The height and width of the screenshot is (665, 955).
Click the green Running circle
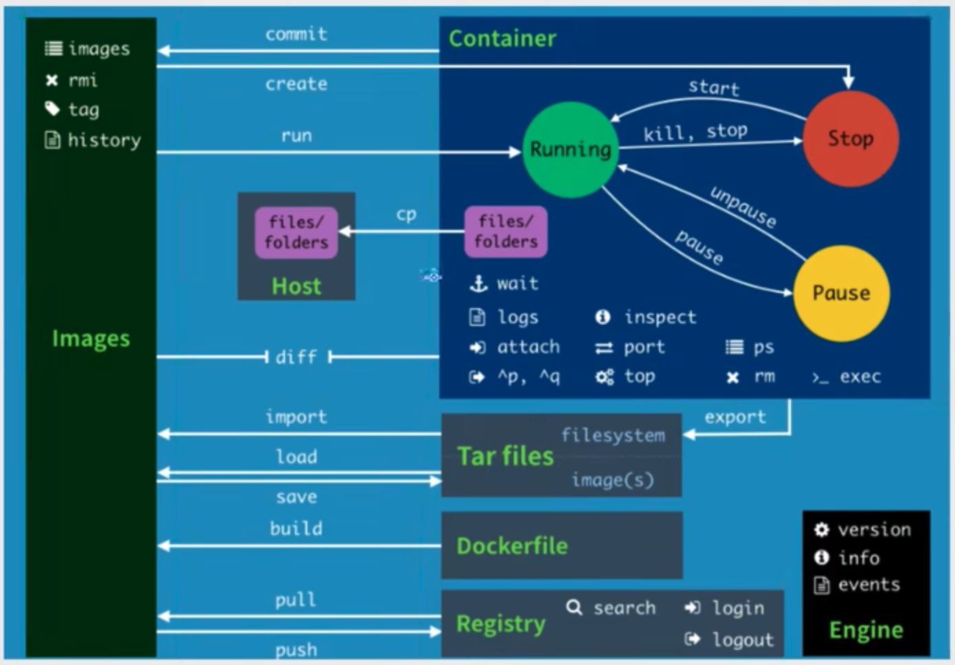tap(570, 150)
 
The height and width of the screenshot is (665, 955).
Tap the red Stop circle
tap(851, 139)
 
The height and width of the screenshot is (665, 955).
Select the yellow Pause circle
tap(841, 293)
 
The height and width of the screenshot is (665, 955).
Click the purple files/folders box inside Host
tap(296, 233)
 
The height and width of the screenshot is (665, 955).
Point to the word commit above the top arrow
tap(296, 34)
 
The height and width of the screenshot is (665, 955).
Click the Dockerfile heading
tap(513, 546)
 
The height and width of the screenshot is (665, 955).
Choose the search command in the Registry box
tap(624, 608)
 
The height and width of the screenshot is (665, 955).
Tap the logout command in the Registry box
tap(743, 640)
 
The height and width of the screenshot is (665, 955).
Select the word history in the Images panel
tap(104, 141)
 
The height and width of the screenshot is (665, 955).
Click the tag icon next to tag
tap(52, 109)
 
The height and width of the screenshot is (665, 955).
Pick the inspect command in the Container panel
tap(660, 317)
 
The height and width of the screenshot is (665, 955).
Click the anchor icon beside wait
tap(478, 283)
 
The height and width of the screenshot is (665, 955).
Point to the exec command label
tap(859, 377)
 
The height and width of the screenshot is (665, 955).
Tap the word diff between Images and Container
tap(296, 357)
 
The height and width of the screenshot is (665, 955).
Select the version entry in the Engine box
tap(874, 530)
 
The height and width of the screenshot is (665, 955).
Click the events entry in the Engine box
tap(868, 585)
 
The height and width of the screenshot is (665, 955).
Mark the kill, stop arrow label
tap(695, 132)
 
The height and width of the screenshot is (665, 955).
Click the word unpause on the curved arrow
tap(743, 207)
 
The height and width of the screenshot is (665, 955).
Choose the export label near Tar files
tap(735, 417)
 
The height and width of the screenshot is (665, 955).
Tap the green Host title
tap(296, 286)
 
